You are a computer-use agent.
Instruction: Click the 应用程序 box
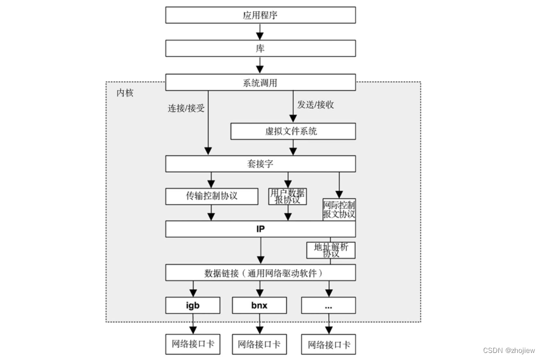click(260, 15)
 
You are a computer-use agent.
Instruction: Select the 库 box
click(260, 48)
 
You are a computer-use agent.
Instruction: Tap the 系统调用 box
click(260, 83)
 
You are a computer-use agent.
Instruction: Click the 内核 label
click(125, 92)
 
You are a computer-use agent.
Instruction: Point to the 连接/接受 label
click(186, 108)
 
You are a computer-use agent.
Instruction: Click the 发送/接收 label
click(315, 105)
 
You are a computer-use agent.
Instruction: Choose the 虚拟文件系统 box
click(292, 131)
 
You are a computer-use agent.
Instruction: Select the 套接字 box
click(260, 164)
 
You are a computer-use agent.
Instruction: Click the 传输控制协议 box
click(211, 196)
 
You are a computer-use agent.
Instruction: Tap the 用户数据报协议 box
click(287, 196)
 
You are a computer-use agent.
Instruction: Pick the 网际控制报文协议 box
click(339, 210)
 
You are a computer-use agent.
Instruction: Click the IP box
click(260, 229)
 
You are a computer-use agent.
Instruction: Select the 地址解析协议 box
click(331, 250)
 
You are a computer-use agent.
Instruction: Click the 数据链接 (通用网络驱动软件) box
click(260, 273)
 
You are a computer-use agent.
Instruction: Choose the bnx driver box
click(260, 305)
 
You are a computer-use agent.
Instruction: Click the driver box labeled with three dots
click(328, 305)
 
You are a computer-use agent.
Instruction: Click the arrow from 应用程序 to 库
click(260, 32)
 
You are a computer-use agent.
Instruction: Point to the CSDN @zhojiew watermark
click(509, 350)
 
